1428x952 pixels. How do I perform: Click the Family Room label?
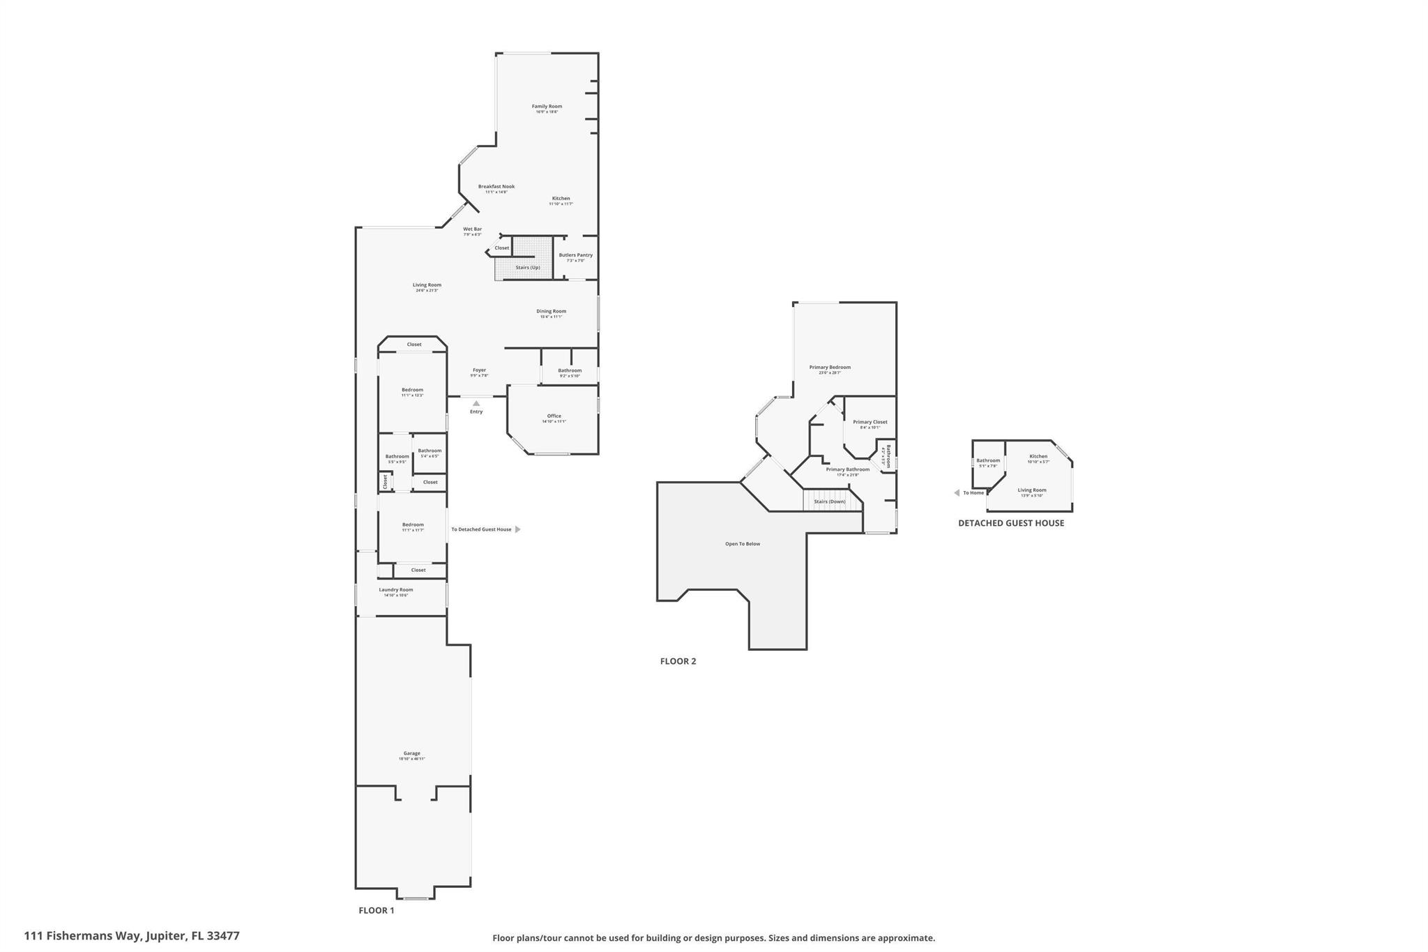tap(547, 107)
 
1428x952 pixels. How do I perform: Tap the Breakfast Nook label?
tap(496, 187)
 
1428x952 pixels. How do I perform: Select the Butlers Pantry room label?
tap(575, 255)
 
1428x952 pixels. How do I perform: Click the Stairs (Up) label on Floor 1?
tap(528, 268)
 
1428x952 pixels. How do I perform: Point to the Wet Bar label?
tap(472, 229)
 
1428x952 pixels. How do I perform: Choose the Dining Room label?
tap(551, 312)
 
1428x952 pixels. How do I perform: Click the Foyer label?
tap(479, 370)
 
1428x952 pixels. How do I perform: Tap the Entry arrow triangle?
tap(476, 403)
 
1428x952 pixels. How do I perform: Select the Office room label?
tap(554, 416)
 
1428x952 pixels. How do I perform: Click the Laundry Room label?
tap(396, 590)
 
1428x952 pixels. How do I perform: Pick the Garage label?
tap(411, 753)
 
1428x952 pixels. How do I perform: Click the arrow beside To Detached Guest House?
tap(517, 529)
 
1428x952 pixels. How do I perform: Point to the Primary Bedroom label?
tap(830, 368)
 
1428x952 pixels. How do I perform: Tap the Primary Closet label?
tap(869, 422)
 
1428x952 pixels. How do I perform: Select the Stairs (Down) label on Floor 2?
tap(830, 501)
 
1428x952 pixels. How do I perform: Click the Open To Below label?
tap(743, 544)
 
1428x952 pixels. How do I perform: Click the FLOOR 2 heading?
tap(678, 661)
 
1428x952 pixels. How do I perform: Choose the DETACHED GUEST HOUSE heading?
tap(1011, 523)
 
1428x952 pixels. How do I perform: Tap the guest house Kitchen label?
tap(1038, 457)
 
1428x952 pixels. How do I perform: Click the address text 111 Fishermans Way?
tap(83, 936)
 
